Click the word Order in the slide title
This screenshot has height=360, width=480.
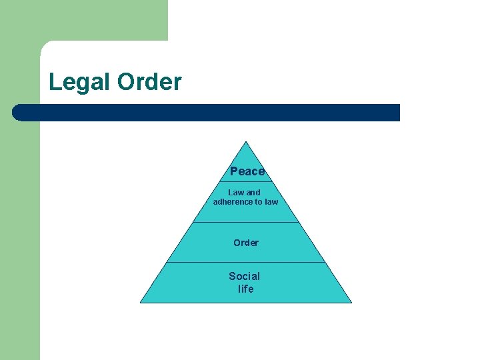149,83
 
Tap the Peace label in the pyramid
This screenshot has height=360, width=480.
247,171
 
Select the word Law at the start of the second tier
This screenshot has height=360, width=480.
235,193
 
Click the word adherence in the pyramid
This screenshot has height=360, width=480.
233,202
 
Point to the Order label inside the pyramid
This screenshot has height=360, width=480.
246,243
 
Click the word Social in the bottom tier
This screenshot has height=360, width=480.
245,276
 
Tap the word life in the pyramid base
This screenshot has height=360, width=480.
246,289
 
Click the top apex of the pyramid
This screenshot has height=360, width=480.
247,141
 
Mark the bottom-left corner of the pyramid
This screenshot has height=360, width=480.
141,302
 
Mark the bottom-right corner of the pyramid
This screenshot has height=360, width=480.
351,302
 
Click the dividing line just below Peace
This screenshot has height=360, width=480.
247,181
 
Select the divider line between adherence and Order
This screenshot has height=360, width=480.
246,222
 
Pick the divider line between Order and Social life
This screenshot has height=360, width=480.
246,262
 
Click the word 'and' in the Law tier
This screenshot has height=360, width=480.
253,193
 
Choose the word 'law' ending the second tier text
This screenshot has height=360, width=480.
271,202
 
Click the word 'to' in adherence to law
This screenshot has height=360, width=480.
259,202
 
